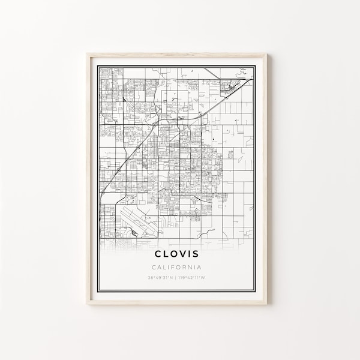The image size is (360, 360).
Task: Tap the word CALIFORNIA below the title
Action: click(x=176, y=268)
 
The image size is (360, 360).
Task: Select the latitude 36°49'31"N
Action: click(x=160, y=278)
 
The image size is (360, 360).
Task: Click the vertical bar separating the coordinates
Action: click(x=176, y=278)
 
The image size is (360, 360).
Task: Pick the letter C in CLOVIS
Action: click(x=159, y=254)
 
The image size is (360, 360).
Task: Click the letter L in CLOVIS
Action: click(x=167, y=254)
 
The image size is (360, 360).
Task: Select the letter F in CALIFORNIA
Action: click(x=173, y=268)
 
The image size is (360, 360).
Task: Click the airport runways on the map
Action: click(x=138, y=221)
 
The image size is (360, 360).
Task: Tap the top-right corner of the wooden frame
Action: click(x=266, y=54)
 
